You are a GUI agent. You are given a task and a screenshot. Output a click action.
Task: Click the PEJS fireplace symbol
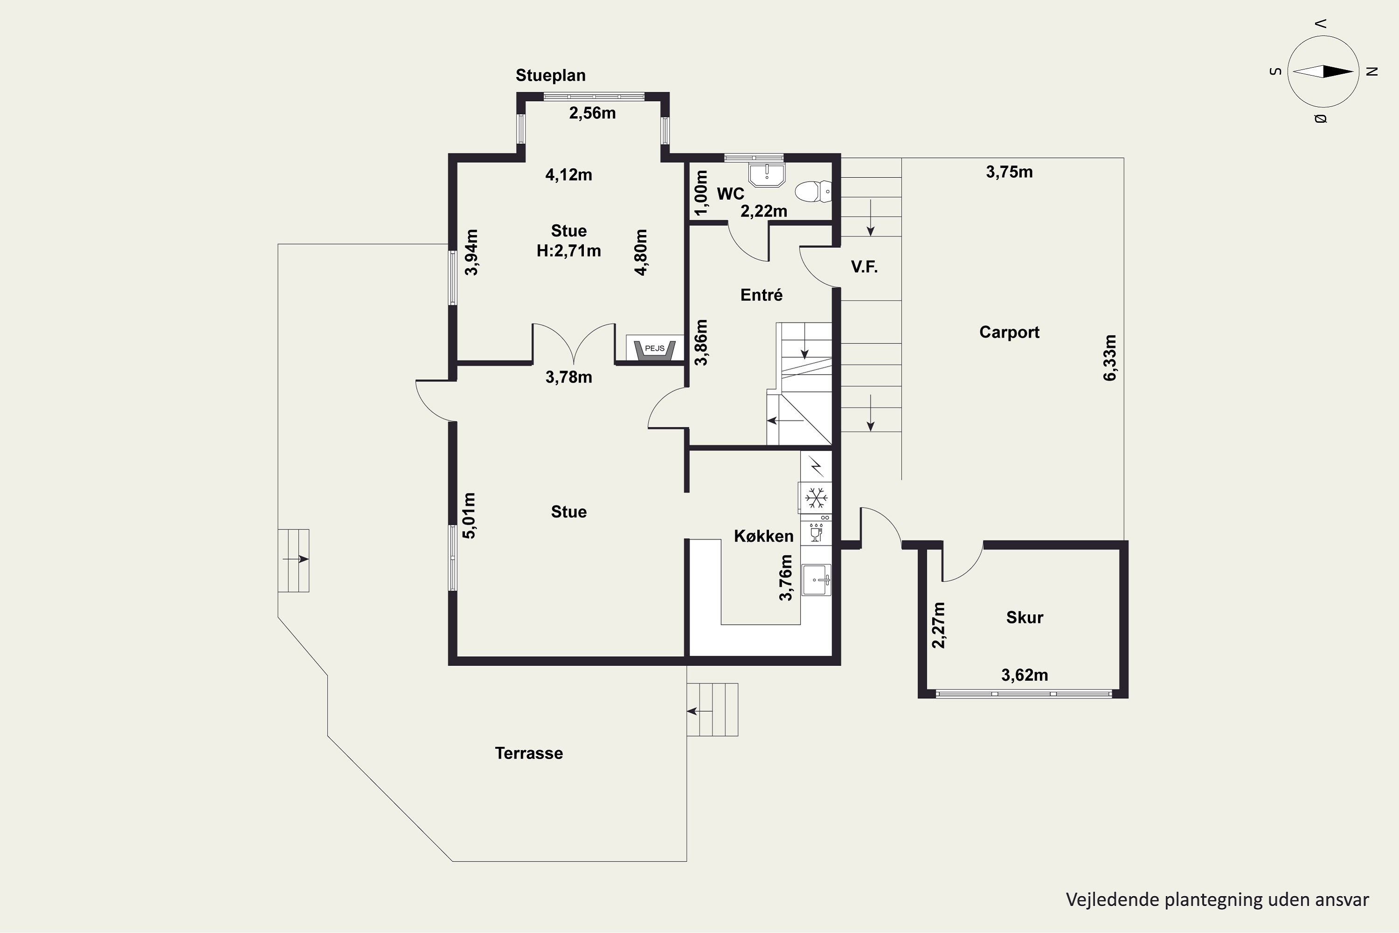tap(654, 349)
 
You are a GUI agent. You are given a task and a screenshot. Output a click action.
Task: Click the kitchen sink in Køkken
tap(816, 579)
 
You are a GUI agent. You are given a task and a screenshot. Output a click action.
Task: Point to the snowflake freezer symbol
tap(816, 497)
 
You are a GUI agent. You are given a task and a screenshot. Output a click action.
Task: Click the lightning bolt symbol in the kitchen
tap(817, 466)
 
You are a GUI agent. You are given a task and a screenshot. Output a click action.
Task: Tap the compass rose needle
tap(1323, 71)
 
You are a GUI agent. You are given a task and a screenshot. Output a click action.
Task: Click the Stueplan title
tap(550, 76)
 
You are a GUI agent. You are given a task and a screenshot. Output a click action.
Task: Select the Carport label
tap(1010, 332)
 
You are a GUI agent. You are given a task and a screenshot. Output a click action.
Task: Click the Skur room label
tap(1024, 618)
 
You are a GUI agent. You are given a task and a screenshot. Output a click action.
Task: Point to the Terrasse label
tap(529, 753)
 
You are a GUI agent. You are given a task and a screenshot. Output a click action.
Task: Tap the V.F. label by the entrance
tap(864, 267)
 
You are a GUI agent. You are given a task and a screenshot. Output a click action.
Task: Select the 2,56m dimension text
tap(592, 113)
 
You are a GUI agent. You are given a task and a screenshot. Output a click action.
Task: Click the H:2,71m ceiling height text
tap(568, 251)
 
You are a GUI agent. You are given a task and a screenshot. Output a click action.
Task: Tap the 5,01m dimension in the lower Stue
tap(469, 515)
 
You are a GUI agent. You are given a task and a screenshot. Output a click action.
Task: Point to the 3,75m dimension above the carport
tap(1010, 172)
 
